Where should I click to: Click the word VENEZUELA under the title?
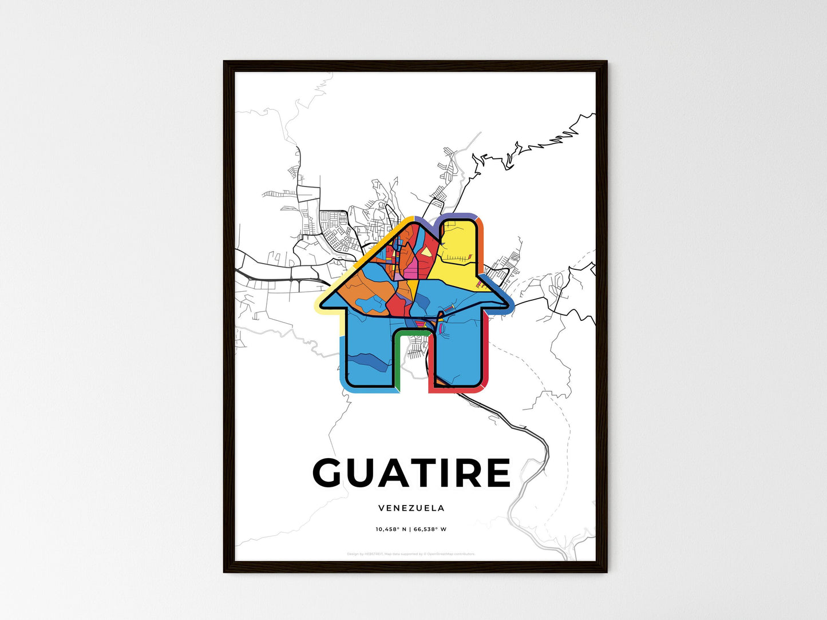click(x=411, y=508)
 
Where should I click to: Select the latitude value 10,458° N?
click(x=391, y=529)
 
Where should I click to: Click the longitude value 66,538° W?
click(x=430, y=529)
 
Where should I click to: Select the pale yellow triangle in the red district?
click(x=427, y=252)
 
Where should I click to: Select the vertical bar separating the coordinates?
click(x=410, y=529)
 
